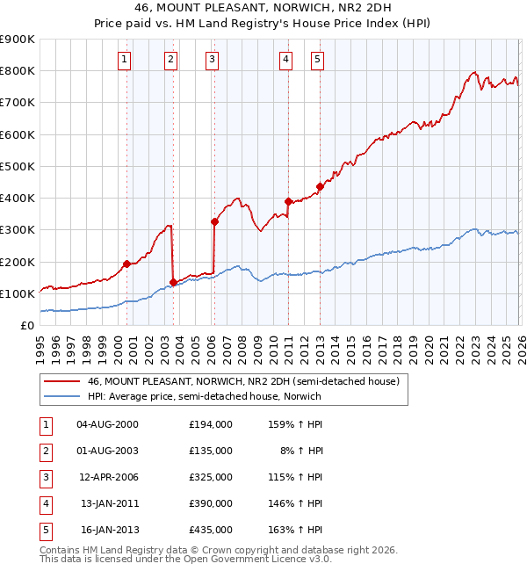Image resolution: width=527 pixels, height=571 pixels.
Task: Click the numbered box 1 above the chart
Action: [124, 60]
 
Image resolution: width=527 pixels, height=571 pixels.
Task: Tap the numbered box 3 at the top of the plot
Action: [213, 60]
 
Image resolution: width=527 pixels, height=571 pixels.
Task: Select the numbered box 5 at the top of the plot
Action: [316, 60]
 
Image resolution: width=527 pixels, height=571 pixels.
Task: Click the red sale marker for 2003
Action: [173, 282]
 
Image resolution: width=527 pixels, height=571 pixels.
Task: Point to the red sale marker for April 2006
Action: [214, 221]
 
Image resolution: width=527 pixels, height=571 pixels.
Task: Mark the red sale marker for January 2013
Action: [320, 186]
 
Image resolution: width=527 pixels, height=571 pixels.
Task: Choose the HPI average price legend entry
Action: [204, 396]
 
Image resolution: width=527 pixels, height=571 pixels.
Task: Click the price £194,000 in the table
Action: [210, 423]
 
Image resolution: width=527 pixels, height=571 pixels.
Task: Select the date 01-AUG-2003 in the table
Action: [107, 450]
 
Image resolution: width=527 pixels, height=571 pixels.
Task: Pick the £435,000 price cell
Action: [210, 530]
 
